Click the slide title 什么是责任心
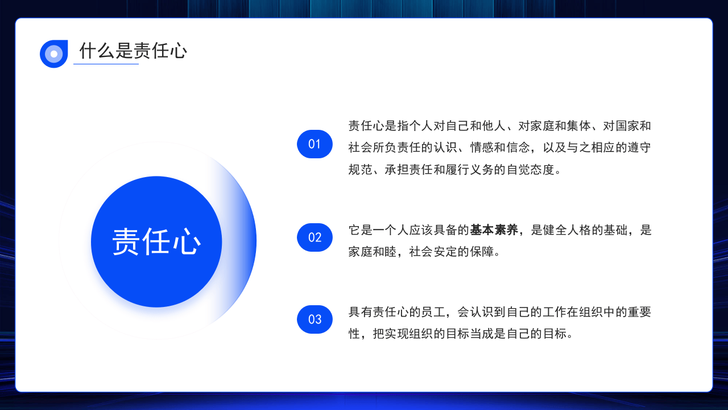point(133,51)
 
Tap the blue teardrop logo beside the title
point(54,54)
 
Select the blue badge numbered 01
point(315,144)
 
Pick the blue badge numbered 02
point(315,237)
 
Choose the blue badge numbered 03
point(315,319)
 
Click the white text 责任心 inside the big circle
point(156,242)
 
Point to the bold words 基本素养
point(494,230)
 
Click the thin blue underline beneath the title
point(106,64)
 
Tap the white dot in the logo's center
point(54,54)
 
